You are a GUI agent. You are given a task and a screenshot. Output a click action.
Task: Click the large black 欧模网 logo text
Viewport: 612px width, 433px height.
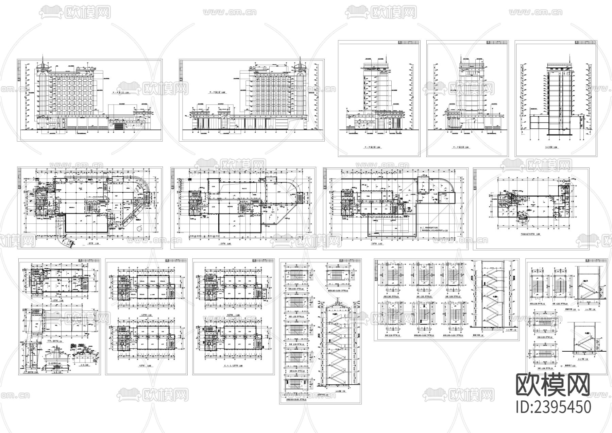(x=553, y=385)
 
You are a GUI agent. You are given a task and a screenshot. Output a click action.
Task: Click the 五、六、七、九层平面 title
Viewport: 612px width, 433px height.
(x=233, y=366)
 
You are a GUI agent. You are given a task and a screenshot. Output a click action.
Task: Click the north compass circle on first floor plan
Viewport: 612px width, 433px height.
(x=139, y=228)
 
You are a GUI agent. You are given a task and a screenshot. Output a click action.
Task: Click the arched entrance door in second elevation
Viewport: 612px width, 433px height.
(x=224, y=122)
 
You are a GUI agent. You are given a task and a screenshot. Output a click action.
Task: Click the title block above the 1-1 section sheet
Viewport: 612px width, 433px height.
(x=585, y=42)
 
